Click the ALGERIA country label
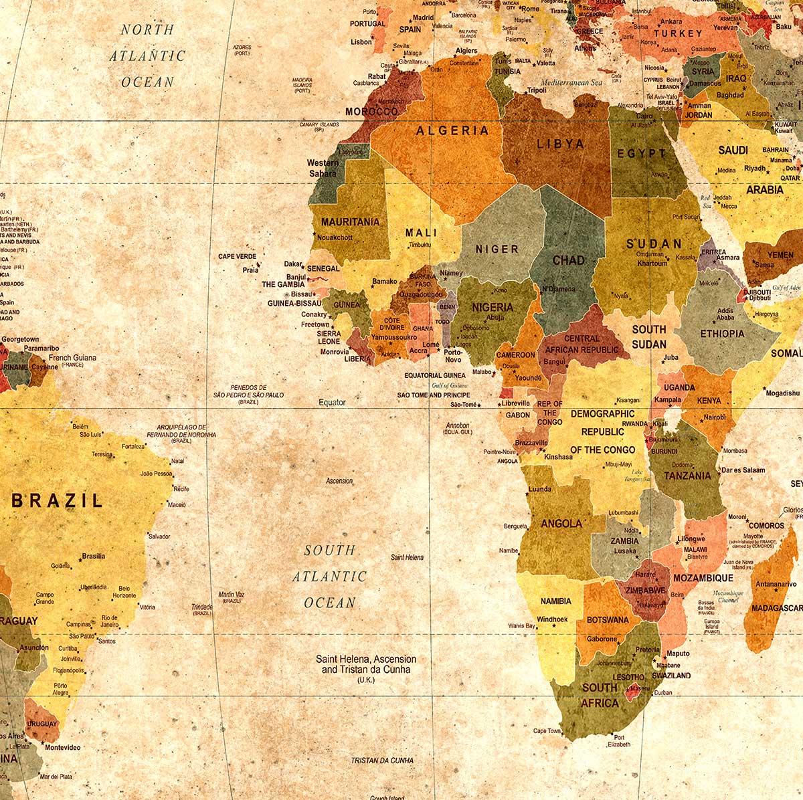coord(452,130)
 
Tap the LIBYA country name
coord(560,144)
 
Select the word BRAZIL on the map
coord(58,500)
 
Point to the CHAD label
coord(568,260)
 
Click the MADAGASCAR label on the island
coord(776,608)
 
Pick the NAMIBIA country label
coord(555,601)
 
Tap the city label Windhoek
coord(552,619)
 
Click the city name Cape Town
coord(547,731)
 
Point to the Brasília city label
coord(93,556)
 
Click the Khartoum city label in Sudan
coord(652,263)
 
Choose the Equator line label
coord(332,402)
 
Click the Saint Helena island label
coord(407,557)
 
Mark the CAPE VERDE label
coord(237,256)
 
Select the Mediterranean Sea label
coord(571,83)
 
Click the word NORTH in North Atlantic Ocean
coord(147,29)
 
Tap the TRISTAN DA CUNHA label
coord(382,761)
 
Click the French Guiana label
coord(72,358)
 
